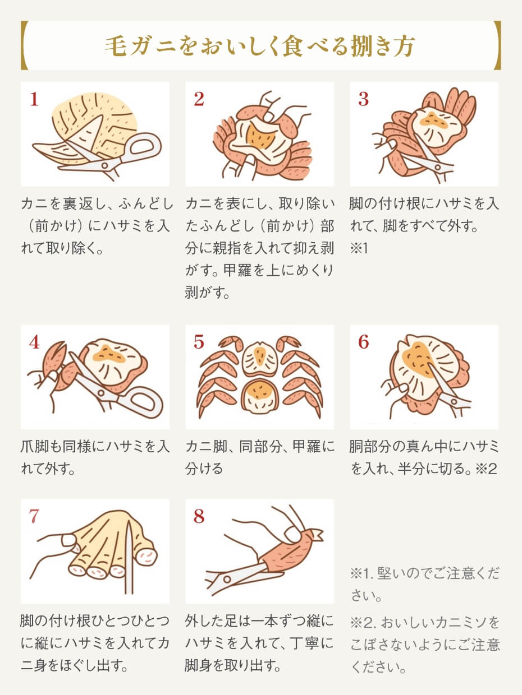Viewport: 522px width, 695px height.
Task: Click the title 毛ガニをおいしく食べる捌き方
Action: pos(260,46)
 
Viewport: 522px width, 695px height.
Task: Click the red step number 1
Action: pos(34,100)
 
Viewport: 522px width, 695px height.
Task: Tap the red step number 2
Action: pos(199,100)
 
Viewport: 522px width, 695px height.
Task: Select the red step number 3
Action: pos(364,100)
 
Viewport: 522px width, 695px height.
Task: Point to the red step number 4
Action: pos(34,342)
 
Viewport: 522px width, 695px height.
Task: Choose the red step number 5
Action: pos(199,342)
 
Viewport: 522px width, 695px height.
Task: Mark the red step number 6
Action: pos(364,342)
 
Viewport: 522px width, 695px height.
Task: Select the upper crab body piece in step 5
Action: pos(259,359)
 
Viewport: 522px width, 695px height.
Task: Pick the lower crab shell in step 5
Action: pos(259,395)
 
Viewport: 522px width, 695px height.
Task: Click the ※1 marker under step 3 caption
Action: pos(358,248)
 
